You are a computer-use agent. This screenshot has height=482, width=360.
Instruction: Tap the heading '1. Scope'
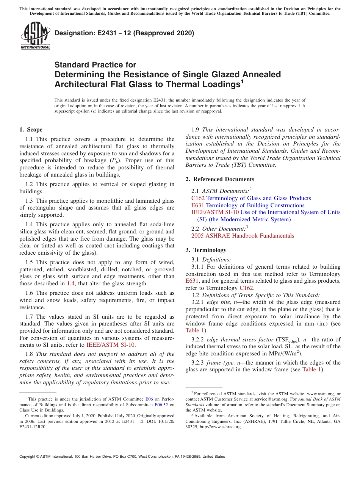pyautogui.click(x=31, y=130)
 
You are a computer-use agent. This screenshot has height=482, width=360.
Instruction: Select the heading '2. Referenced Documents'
pyautogui.click(x=220, y=179)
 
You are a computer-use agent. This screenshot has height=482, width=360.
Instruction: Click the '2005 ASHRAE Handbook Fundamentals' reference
pyautogui.click(x=243, y=236)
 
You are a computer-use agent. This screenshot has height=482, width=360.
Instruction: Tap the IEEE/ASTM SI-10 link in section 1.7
pyautogui.click(x=111, y=345)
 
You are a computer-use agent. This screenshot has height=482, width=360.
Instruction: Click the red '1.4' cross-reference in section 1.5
pyautogui.click(x=71, y=283)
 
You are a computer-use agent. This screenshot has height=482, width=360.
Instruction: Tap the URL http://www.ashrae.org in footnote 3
pyautogui.click(x=220, y=427)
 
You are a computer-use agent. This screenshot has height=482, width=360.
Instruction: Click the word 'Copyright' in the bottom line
pyautogui.click(x=29, y=457)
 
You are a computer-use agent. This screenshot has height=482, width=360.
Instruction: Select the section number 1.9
pyautogui.click(x=196, y=130)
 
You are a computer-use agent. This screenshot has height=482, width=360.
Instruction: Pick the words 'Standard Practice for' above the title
pyautogui.click(x=95, y=65)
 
